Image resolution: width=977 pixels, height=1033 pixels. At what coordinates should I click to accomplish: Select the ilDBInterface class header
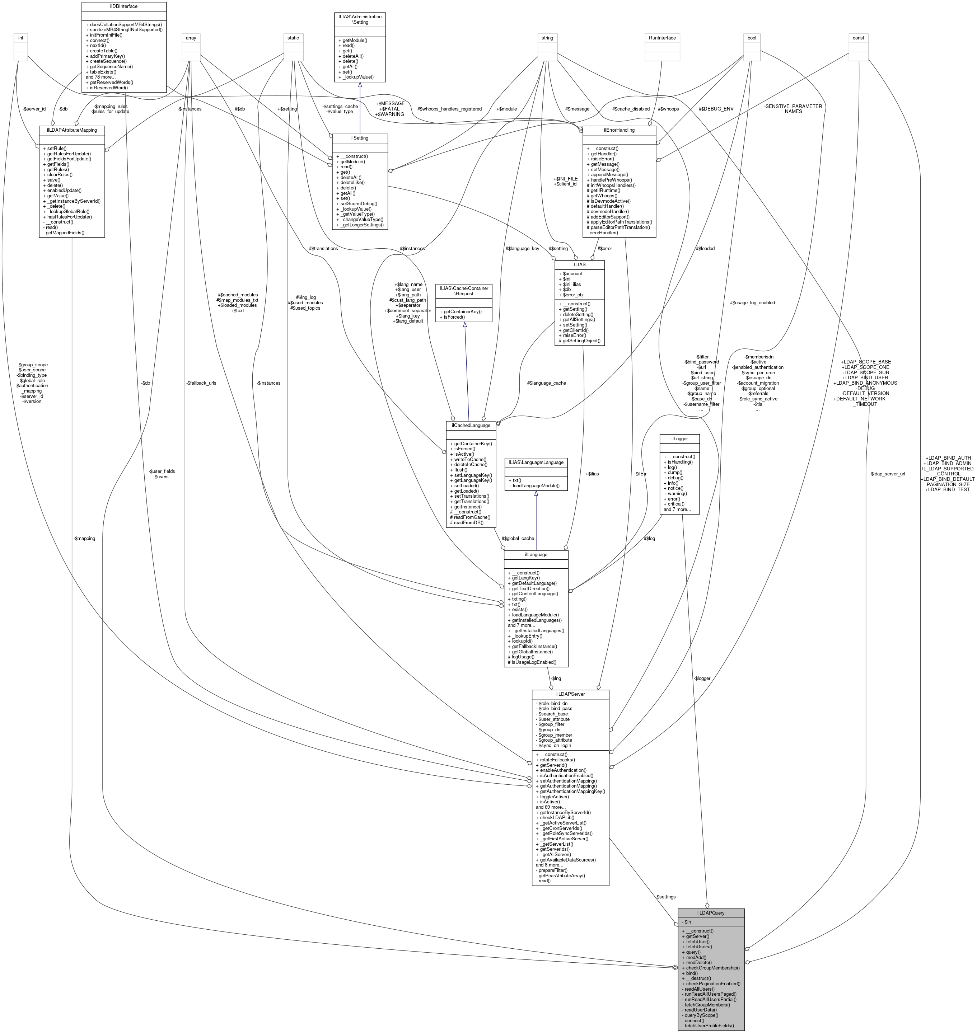pyautogui.click(x=124, y=6)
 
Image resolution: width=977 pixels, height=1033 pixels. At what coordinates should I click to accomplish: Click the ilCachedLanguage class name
pyautogui.click(x=471, y=426)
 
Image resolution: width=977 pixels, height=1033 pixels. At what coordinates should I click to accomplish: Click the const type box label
pyautogui.click(x=858, y=38)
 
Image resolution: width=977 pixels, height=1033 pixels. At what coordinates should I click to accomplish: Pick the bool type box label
pyautogui.click(x=752, y=38)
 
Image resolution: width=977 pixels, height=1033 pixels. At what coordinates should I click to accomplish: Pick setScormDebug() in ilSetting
pyautogui.click(x=359, y=203)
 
